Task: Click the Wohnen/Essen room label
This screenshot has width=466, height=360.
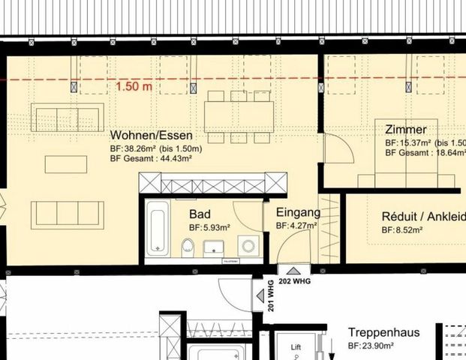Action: coord(151,136)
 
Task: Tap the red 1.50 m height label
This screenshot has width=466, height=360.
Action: coord(134,86)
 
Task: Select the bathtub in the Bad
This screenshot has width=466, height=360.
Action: coord(158,227)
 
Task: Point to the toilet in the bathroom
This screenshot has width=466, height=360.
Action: coord(188,245)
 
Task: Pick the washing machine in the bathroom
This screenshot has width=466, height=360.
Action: coord(248,244)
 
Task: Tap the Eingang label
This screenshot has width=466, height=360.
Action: coord(298,212)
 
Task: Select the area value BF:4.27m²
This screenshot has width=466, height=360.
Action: coord(298,225)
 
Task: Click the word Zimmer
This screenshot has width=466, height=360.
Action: coord(406,129)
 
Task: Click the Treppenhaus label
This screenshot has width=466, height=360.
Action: coord(383,332)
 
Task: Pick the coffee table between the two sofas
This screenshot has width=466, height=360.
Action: coord(65,163)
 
